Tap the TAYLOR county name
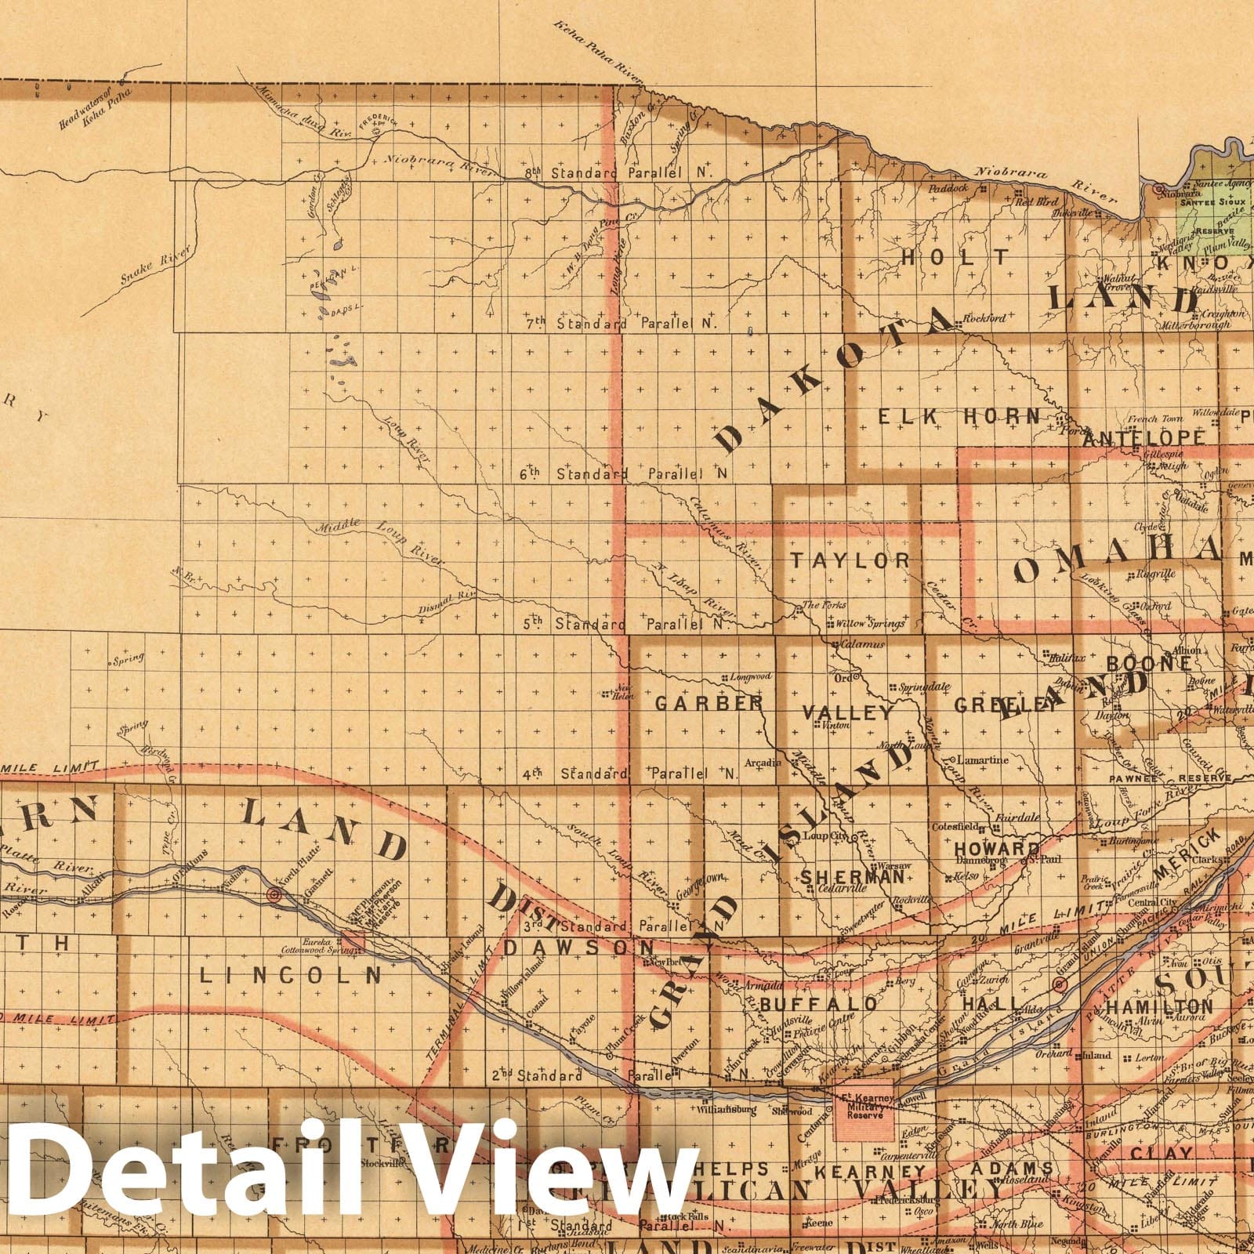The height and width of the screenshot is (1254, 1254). click(x=850, y=560)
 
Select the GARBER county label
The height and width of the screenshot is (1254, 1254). click(x=708, y=703)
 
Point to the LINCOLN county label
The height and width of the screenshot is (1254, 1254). click(x=290, y=975)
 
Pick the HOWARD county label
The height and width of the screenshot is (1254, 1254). click(x=997, y=850)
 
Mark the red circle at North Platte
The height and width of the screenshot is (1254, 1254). click(x=274, y=895)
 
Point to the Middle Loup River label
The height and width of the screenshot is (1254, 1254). click(x=379, y=540)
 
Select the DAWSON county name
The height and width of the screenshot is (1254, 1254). click(x=578, y=947)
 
